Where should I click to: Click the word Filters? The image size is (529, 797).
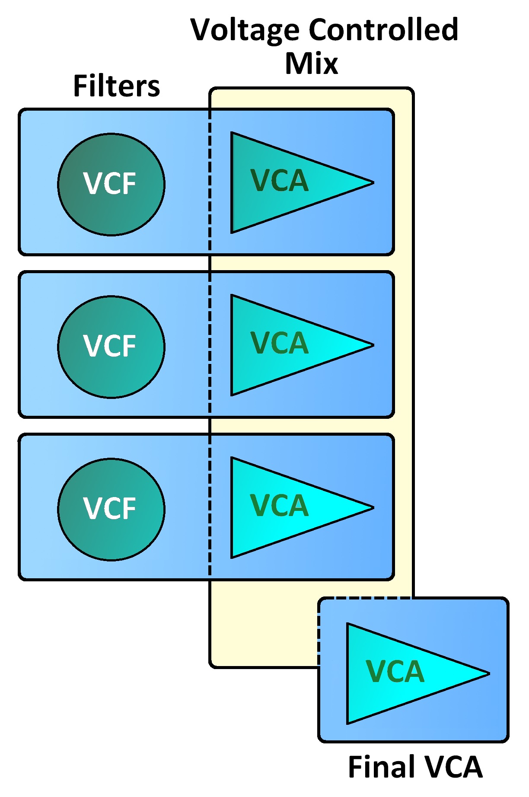(x=117, y=86)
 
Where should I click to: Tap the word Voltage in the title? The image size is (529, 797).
(x=245, y=30)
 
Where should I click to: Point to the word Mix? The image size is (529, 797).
(x=311, y=64)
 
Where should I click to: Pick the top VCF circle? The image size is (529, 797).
(x=111, y=185)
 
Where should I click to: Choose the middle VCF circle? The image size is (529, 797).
(x=111, y=347)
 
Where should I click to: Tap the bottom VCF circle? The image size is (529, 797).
(x=111, y=509)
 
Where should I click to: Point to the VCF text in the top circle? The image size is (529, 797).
(x=110, y=184)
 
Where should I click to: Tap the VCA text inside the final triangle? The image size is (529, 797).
(x=395, y=672)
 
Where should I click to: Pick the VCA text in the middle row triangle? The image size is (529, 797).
(x=280, y=343)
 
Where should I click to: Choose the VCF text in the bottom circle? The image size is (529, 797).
(x=110, y=508)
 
